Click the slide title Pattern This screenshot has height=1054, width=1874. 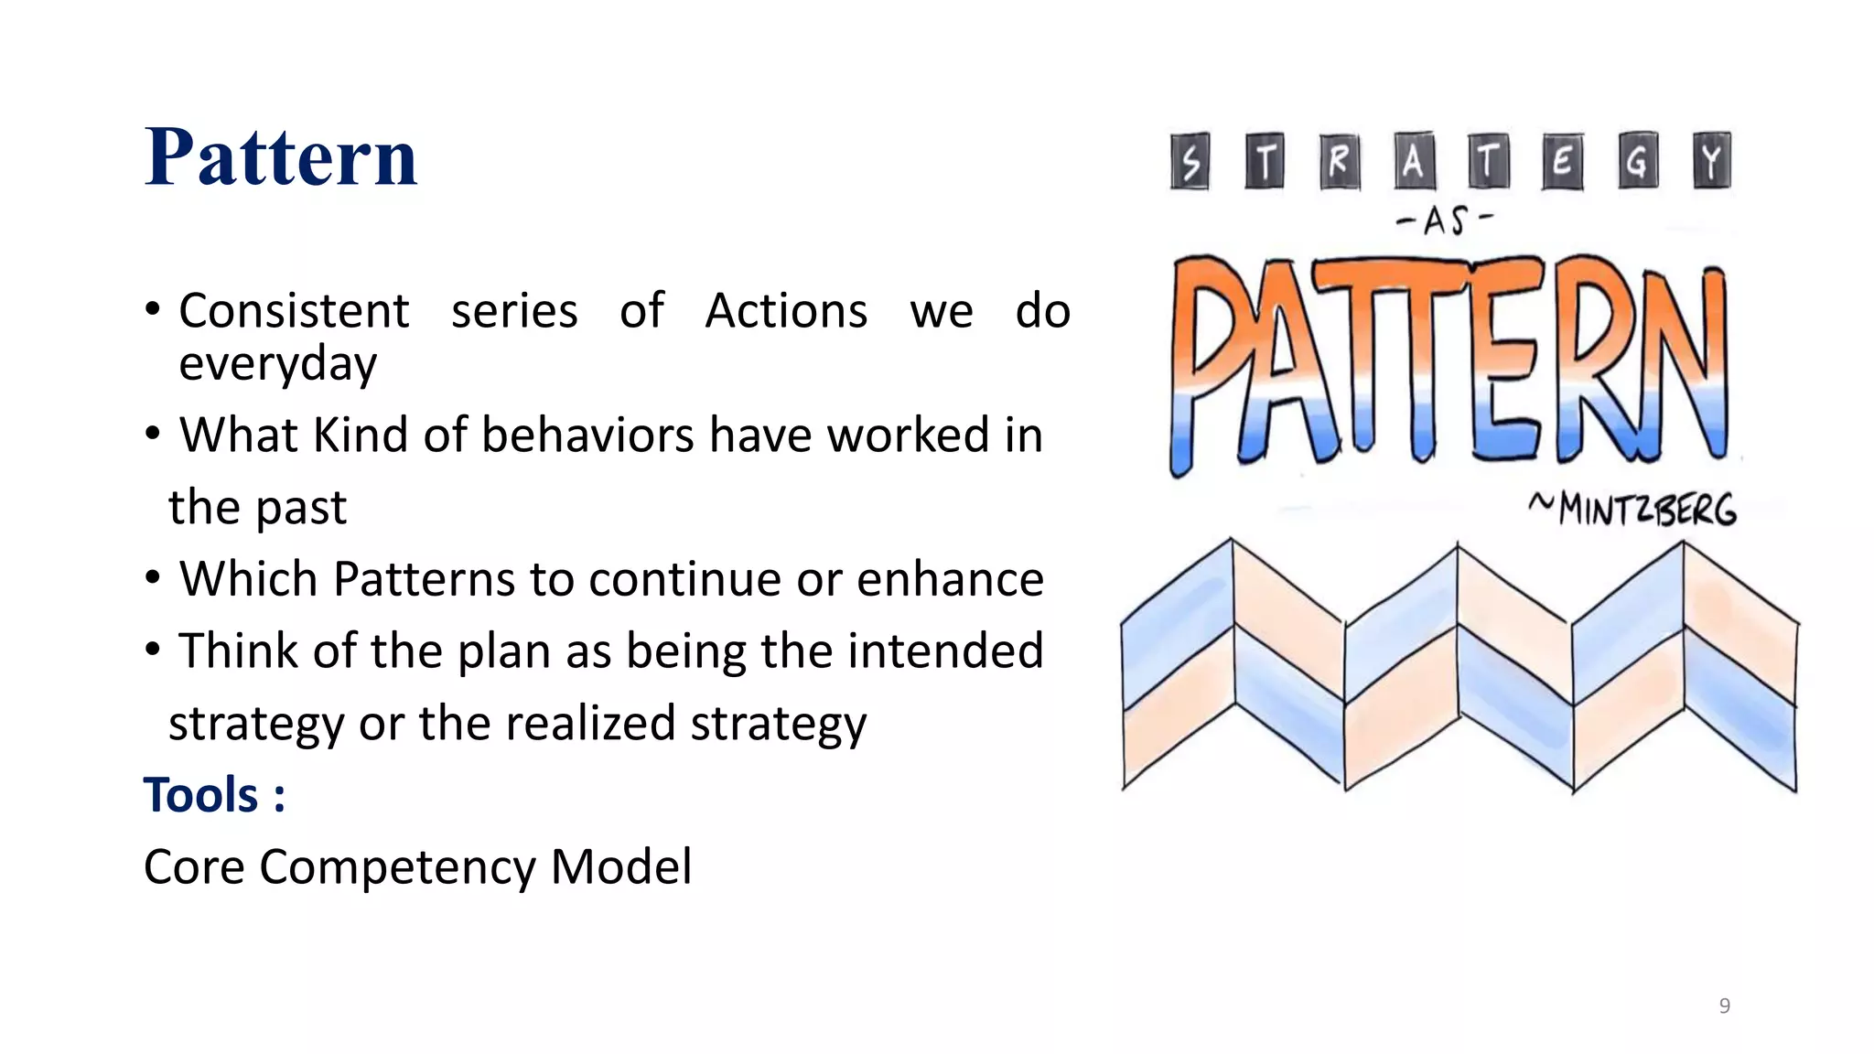280,157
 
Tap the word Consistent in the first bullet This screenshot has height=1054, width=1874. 294,311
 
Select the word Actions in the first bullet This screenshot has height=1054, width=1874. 786,311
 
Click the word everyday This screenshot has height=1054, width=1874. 277,364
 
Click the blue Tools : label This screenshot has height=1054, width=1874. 214,794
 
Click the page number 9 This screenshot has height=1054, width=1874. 1724,1006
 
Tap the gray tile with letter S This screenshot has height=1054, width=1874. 1190,162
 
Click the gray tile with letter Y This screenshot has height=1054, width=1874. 1710,161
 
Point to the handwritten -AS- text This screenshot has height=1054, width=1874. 1444,220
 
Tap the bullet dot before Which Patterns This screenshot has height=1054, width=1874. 153,577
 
